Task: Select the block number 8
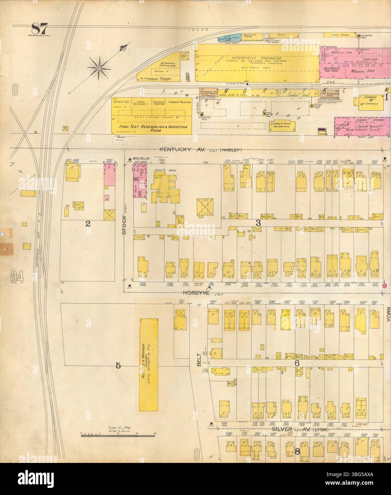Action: (x=297, y=452)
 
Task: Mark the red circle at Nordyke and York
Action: (x=384, y=286)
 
